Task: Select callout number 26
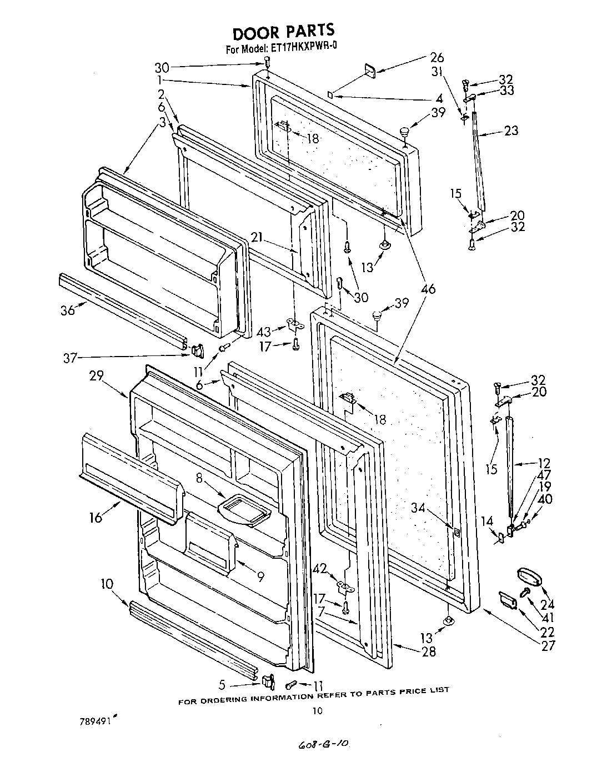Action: [x=438, y=57]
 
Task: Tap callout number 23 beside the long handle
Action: [x=511, y=131]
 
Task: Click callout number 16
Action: [x=96, y=518]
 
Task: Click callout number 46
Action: [x=428, y=289]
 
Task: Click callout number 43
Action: [x=264, y=332]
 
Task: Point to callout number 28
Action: [x=428, y=651]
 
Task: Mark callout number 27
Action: [x=549, y=646]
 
